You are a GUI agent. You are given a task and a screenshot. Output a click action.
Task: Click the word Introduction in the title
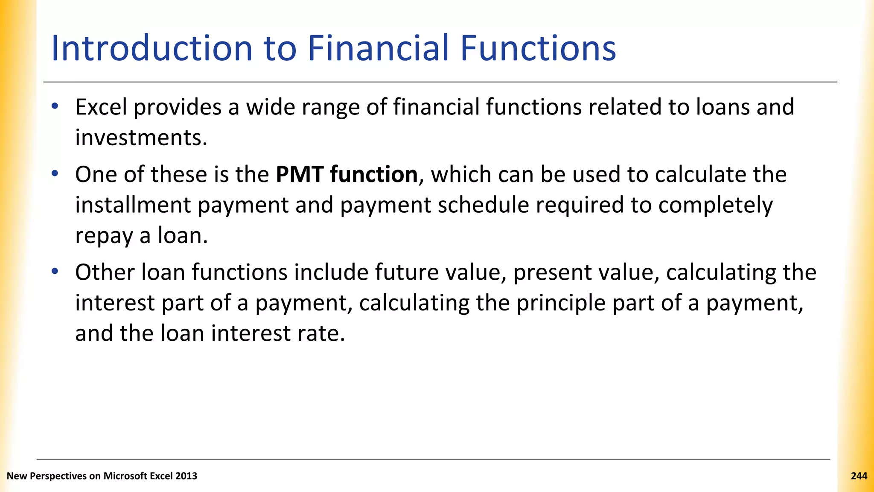point(152,48)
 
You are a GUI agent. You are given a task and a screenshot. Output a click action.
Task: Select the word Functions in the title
point(538,48)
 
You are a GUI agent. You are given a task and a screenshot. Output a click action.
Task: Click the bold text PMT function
point(347,175)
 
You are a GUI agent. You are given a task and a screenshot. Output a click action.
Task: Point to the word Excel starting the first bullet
point(101,107)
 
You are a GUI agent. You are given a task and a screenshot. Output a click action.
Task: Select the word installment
point(133,205)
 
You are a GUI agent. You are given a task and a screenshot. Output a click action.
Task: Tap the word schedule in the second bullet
point(483,205)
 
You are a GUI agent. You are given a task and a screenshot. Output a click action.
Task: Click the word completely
point(715,205)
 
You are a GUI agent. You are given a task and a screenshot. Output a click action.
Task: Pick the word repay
point(104,236)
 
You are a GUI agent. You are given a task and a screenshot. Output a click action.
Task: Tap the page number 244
point(859,476)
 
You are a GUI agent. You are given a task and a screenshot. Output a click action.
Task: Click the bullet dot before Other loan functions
point(54,271)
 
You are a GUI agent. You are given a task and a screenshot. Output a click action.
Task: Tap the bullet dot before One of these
point(54,173)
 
